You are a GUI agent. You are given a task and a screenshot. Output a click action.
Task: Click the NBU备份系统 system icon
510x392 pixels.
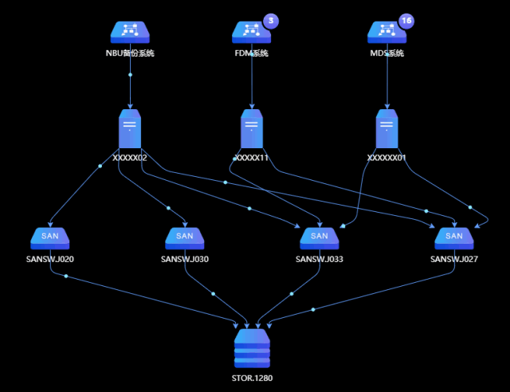tap(130, 32)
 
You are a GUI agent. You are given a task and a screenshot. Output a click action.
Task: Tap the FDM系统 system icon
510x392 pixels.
tap(252, 32)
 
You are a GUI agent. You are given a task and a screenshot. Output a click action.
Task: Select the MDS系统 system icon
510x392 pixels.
tap(387, 32)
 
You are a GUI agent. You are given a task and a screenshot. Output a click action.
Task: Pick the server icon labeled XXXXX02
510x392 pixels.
tap(130, 129)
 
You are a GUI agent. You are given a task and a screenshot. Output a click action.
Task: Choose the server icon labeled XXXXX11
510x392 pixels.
tap(252, 129)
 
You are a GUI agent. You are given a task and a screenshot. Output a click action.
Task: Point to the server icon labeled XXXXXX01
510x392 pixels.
tap(386, 129)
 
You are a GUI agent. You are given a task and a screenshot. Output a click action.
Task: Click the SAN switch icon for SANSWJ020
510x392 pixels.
tap(49, 237)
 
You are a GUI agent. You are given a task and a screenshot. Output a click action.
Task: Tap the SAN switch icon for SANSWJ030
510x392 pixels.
tap(184, 237)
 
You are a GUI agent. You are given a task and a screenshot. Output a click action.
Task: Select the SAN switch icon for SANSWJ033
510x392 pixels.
tap(319, 237)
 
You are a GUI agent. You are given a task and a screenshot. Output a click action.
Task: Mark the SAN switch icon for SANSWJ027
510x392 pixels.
tap(454, 237)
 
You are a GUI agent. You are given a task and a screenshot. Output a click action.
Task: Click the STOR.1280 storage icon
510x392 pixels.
tap(252, 349)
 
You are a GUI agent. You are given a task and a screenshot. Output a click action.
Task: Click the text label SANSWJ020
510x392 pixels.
tap(49, 259)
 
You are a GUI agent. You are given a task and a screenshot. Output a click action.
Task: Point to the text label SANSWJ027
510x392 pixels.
tap(454, 259)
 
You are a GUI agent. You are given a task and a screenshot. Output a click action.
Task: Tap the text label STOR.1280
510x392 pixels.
tap(252, 378)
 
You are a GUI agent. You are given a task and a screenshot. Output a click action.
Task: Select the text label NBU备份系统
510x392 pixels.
tap(130, 54)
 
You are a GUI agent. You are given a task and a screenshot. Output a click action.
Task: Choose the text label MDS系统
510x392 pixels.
tap(387, 54)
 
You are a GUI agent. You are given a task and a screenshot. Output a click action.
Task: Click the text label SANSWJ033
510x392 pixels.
tap(319, 259)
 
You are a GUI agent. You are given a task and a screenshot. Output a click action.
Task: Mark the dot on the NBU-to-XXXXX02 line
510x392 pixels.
tap(130, 75)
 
